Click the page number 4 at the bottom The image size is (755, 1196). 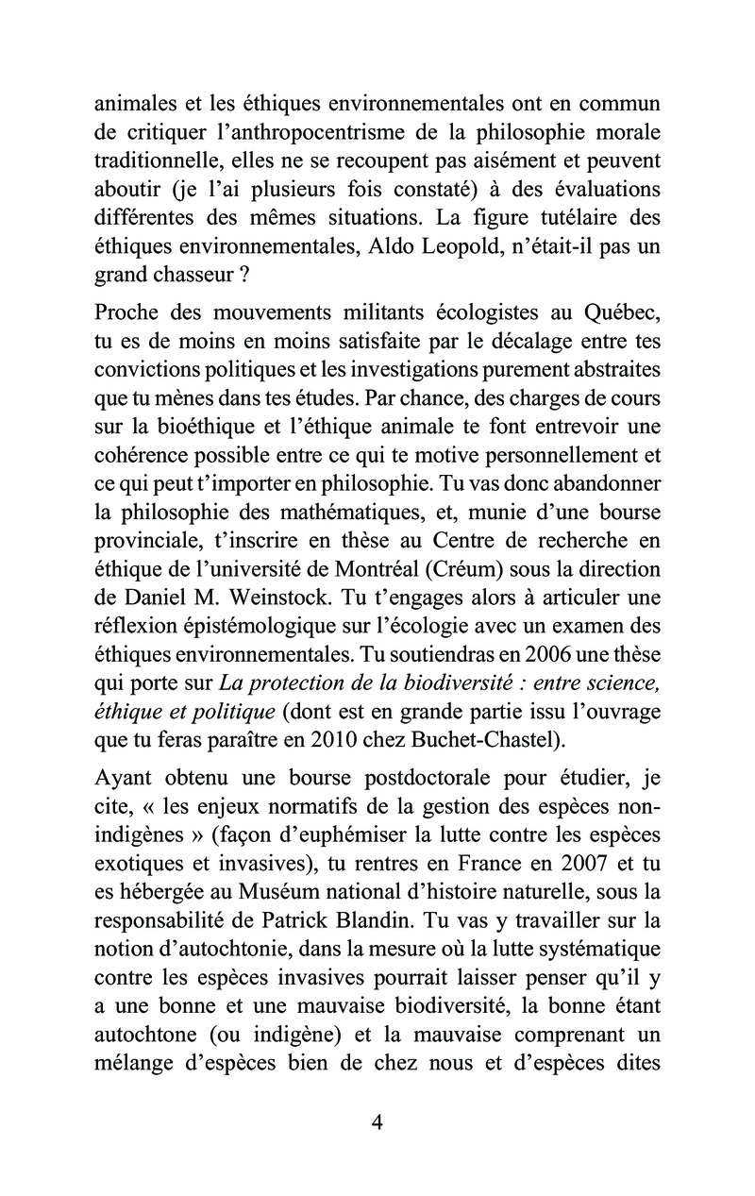[x=377, y=1122]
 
